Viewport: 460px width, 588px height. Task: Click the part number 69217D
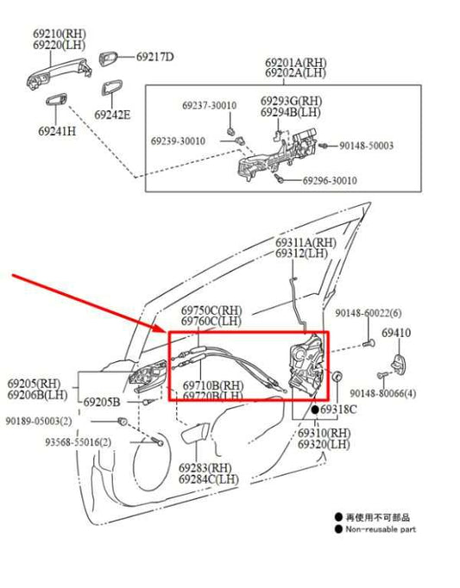tap(154, 57)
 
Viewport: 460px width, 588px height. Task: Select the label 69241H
tap(56, 131)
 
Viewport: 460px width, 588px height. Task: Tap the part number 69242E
tap(113, 115)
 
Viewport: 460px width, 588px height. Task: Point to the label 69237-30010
tap(209, 105)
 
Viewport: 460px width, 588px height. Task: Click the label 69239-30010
tap(178, 141)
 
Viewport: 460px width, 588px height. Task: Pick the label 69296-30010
tap(330, 181)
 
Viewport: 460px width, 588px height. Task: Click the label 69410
tap(396, 332)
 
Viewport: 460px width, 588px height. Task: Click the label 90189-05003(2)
tap(40, 421)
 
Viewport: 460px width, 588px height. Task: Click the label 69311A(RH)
tap(306, 242)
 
